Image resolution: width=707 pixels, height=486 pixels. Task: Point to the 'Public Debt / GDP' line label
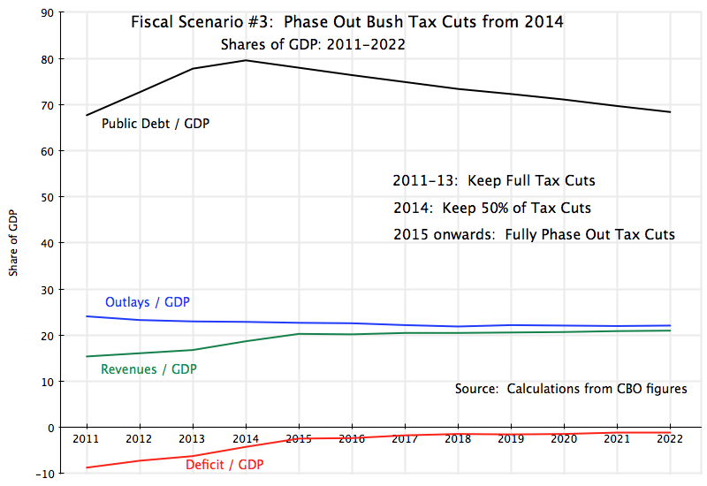coord(156,123)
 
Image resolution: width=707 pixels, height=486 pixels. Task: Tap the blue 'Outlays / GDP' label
coord(154,302)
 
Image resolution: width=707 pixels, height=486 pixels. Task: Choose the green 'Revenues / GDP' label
coord(149,368)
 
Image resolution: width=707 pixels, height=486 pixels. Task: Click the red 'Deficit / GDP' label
coord(224,463)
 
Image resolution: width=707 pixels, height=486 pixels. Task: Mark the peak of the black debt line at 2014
coord(246,60)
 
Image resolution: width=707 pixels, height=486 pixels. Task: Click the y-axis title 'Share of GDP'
coord(12,243)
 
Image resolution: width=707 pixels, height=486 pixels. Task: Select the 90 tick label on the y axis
coord(46,12)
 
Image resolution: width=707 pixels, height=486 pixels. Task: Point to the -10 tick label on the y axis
coord(43,474)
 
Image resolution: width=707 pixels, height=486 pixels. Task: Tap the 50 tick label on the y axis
coord(46,197)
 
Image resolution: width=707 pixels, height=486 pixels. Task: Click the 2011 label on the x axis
coord(87,438)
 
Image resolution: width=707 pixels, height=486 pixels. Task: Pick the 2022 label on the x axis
coord(670,438)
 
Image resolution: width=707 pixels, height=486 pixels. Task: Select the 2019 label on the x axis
coord(511,438)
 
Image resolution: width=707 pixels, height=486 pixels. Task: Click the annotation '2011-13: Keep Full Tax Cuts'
coord(493,181)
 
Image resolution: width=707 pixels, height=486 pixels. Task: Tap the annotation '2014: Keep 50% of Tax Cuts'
coord(491,209)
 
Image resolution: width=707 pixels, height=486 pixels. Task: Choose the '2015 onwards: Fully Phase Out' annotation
coord(534,235)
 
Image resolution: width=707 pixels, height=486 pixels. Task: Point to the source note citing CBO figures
coord(571,389)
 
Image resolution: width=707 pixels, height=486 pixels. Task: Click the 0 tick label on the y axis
coord(49,428)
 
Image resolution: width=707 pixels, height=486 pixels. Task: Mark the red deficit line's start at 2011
coord(87,467)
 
